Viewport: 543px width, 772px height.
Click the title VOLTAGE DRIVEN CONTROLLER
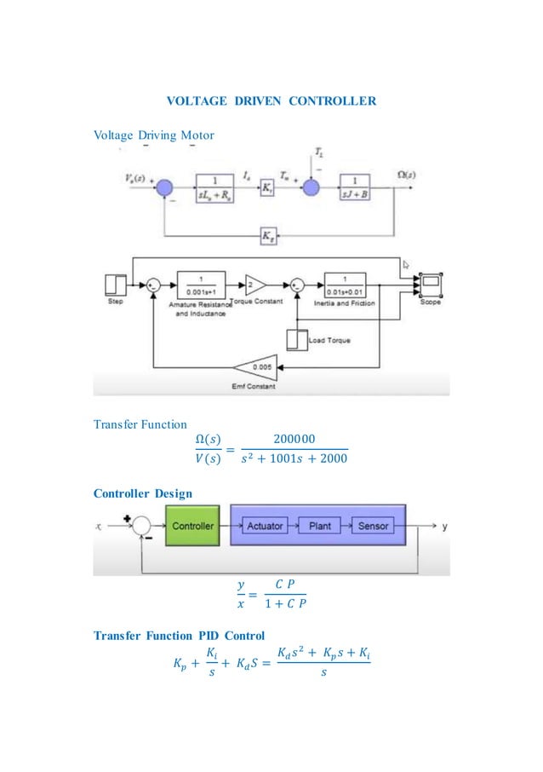pyautogui.click(x=271, y=101)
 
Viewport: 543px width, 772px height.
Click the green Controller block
pyautogui.click(x=193, y=527)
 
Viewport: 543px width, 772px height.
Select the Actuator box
pyautogui.click(x=265, y=527)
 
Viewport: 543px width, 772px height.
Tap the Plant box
pyautogui.click(x=320, y=527)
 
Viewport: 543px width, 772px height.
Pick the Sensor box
pyautogui.click(x=373, y=527)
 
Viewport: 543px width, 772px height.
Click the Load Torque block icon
pyautogui.click(x=297, y=340)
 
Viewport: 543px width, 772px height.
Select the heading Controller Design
pyautogui.click(x=136, y=493)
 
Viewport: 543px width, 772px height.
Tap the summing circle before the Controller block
pyautogui.click(x=140, y=527)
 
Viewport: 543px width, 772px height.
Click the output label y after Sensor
pyautogui.click(x=445, y=527)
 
